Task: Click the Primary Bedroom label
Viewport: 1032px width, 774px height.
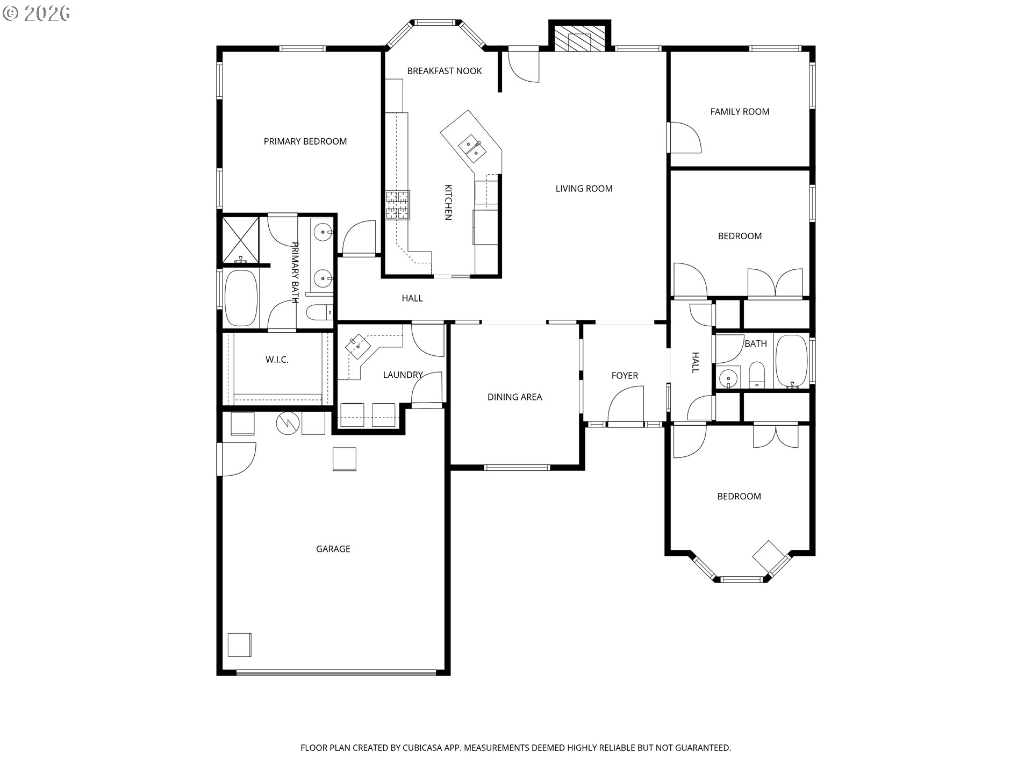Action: pyautogui.click(x=305, y=141)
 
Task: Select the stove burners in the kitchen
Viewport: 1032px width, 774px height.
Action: pyautogui.click(x=397, y=205)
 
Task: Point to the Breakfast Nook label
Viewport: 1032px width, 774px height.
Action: pyautogui.click(x=444, y=71)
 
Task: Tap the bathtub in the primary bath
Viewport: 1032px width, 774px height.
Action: pyautogui.click(x=241, y=298)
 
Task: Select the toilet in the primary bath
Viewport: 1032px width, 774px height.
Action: pyautogui.click(x=319, y=312)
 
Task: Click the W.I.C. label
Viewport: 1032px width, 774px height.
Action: pyautogui.click(x=277, y=360)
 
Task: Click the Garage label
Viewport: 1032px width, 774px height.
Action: pyautogui.click(x=333, y=549)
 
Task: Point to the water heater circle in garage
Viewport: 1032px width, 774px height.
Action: pyautogui.click(x=288, y=424)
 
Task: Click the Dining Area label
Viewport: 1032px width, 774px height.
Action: pyautogui.click(x=514, y=397)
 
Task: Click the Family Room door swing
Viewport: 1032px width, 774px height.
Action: pyautogui.click(x=684, y=138)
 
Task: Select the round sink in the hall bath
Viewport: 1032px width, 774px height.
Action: pyautogui.click(x=728, y=378)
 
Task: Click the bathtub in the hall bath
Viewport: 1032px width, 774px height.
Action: pyautogui.click(x=792, y=361)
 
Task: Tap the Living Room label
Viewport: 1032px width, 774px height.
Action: pyautogui.click(x=584, y=189)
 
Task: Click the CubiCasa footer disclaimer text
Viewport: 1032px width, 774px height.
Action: pyautogui.click(x=515, y=748)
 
